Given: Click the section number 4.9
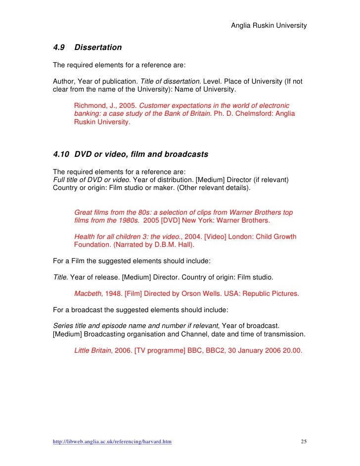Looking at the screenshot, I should tap(59, 48).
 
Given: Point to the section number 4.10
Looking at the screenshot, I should tap(61, 154).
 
